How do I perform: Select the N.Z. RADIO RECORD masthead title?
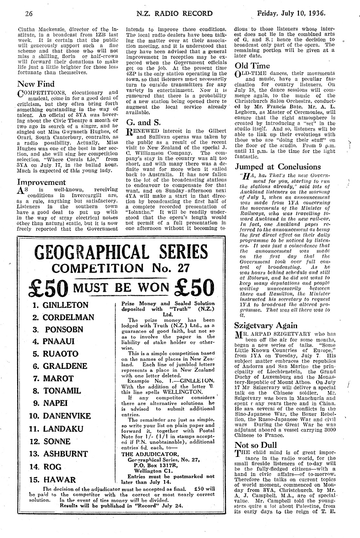[175, 14]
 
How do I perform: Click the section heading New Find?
[36, 84]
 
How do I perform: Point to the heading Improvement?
[41, 182]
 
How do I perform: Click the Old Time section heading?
[252, 66]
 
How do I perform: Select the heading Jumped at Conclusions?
[278, 167]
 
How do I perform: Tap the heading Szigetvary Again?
[262, 325]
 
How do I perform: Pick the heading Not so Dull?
[256, 445]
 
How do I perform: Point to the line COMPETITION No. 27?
[121, 268]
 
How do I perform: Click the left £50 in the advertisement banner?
[49, 287]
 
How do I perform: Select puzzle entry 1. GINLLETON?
[60, 305]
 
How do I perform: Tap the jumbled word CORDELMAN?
[68, 317]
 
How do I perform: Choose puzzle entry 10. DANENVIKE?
[60, 416]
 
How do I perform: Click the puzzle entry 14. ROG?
[48, 467]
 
